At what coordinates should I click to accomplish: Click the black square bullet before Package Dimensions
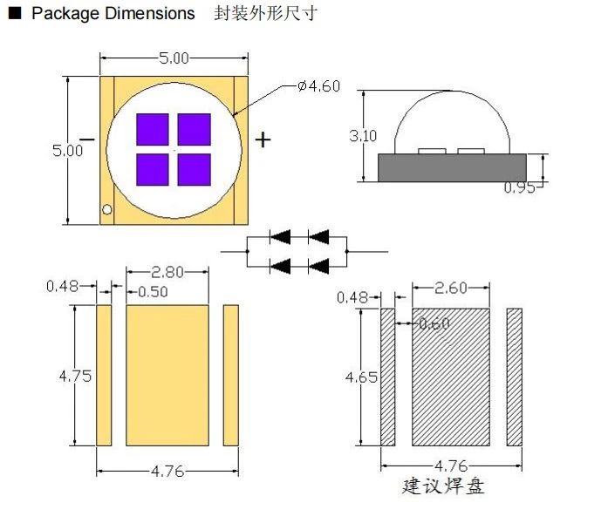[x=15, y=14]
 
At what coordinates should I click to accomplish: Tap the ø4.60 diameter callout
[x=318, y=86]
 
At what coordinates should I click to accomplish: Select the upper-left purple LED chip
[x=153, y=129]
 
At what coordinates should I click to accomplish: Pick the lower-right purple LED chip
[x=195, y=170]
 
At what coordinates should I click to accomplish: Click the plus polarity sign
[x=263, y=139]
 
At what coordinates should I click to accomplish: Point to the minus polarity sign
[x=87, y=139]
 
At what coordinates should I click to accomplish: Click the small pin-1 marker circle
[x=107, y=209]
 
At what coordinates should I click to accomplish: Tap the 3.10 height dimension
[x=363, y=136]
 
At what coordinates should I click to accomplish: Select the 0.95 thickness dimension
[x=519, y=187]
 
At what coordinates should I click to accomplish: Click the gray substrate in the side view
[x=452, y=167]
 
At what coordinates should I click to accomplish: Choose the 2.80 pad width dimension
[x=167, y=272]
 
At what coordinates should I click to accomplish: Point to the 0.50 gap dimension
[x=153, y=292]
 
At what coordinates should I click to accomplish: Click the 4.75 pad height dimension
[x=75, y=377]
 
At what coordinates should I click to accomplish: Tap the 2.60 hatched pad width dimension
[x=451, y=289]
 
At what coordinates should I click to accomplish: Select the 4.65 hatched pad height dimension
[x=361, y=377]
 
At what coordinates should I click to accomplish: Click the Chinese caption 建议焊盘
[x=443, y=486]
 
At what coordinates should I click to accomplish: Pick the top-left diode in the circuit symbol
[x=280, y=237]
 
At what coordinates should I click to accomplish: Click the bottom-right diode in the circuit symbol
[x=318, y=267]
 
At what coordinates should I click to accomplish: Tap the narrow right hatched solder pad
[x=515, y=377]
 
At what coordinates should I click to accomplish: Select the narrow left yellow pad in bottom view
[x=104, y=376]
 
